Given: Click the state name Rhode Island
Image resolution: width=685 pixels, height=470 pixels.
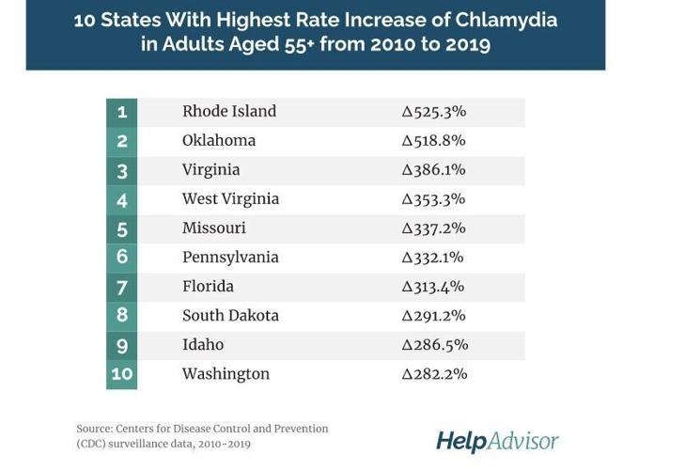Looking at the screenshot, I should coord(228,112).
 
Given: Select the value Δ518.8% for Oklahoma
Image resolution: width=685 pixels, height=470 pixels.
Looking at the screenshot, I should coord(433,141).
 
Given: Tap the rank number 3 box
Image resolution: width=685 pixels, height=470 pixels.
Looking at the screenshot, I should coord(121,170).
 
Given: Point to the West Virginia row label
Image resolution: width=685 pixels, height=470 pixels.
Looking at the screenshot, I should coord(230,199).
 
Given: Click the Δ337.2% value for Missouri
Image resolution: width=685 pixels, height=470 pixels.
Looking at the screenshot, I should coord(433,228).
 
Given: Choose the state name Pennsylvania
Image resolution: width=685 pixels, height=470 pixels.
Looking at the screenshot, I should coord(230,258).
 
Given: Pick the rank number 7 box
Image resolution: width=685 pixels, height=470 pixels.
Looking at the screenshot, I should coord(121,287).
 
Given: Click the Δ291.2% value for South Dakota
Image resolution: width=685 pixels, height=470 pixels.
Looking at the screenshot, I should coord(433,316).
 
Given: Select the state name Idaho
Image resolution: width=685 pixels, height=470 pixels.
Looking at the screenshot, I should coord(203,345).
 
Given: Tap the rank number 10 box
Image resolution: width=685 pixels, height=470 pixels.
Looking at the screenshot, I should coord(121,374).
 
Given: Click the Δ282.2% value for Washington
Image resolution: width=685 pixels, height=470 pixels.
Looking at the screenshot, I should coord(433,374).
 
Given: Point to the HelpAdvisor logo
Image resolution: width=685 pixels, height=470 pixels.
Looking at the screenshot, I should coord(497,441).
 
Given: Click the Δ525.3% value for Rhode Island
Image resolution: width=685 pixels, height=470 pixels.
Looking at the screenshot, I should coord(433,112).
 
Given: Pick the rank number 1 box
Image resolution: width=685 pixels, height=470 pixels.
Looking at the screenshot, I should coord(121,112).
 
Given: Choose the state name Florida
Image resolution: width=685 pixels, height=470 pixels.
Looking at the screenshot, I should coord(208,287).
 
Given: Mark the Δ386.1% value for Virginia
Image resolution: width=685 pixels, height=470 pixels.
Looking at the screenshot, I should coord(433,170).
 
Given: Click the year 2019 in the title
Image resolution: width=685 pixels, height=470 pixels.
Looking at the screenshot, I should coord(465,44).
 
